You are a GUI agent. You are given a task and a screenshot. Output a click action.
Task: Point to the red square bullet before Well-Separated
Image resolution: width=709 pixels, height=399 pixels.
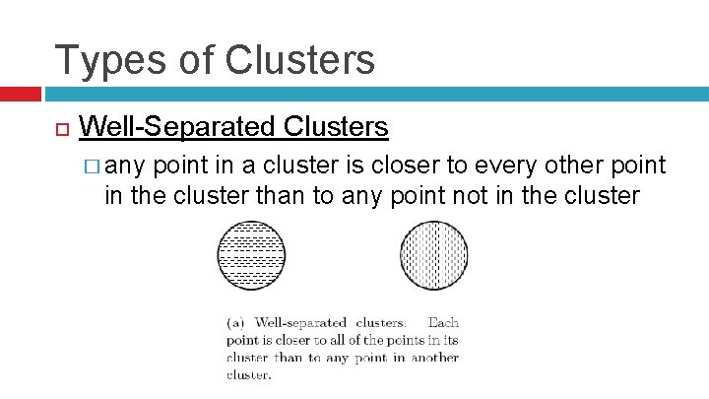point(60,129)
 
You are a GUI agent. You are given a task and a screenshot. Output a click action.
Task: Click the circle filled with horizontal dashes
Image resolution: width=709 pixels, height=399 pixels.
point(250,255)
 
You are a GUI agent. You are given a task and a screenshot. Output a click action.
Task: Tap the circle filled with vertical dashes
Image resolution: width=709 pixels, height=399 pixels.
point(433,255)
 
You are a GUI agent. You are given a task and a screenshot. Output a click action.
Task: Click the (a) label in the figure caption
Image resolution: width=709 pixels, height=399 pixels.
point(236,322)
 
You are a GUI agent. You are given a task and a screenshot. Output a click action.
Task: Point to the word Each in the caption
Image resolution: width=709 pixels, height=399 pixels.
point(443,322)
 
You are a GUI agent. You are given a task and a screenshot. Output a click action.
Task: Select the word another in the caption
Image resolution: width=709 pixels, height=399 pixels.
point(436,358)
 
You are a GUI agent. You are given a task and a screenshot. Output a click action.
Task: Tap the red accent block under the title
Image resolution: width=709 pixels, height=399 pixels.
point(20,95)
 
